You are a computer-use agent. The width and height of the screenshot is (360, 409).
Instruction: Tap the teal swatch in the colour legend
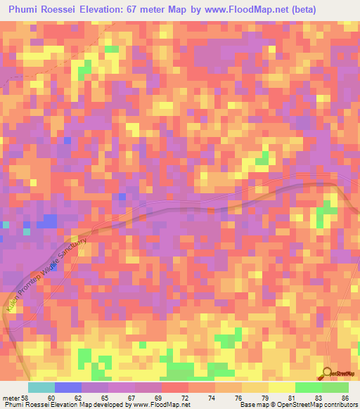point(41,387)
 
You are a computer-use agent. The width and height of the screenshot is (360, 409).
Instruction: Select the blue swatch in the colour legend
point(67,387)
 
